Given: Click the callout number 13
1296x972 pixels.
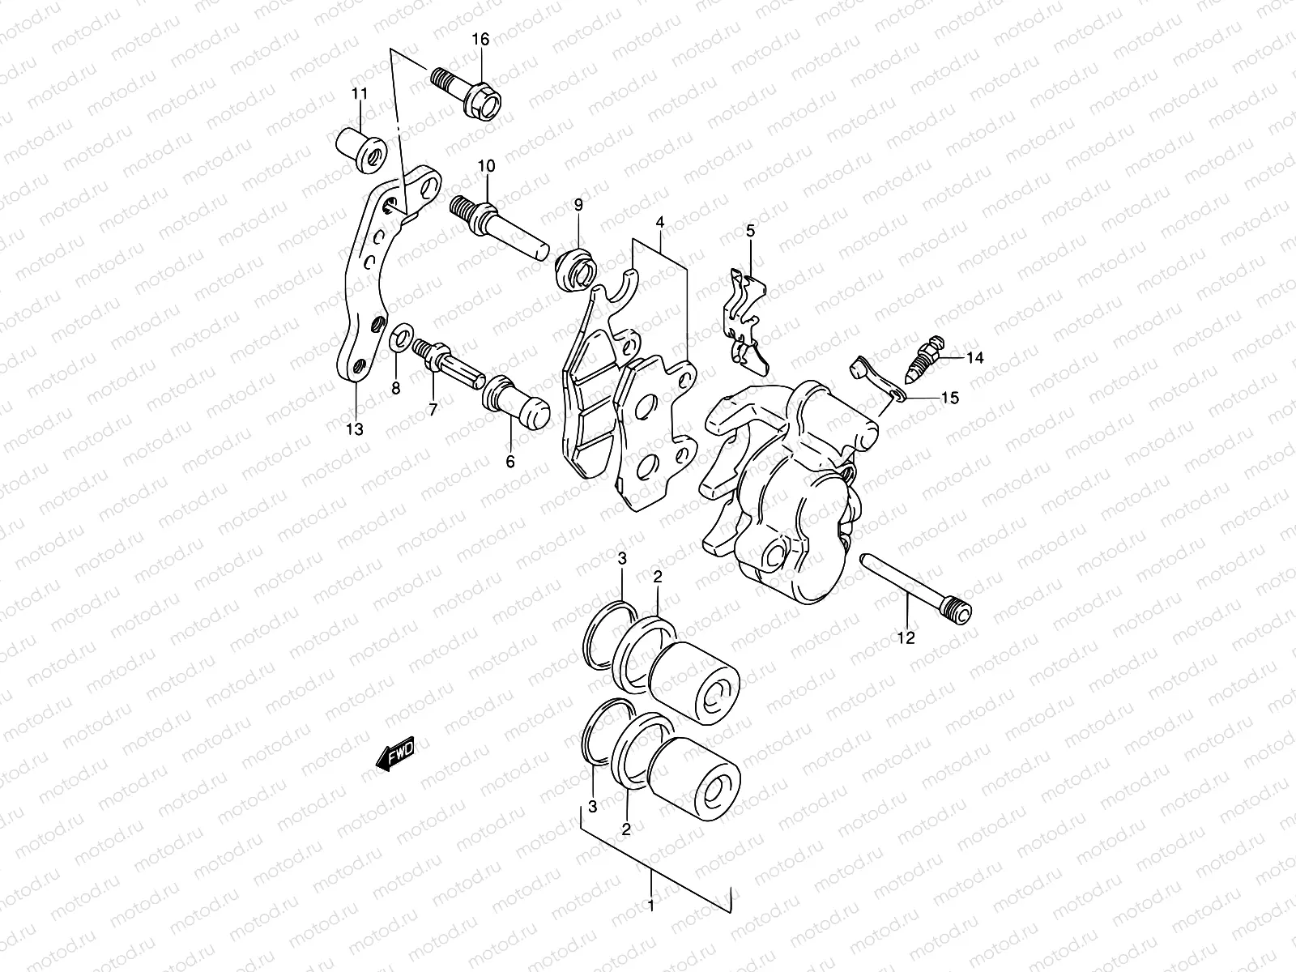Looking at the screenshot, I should tap(354, 428).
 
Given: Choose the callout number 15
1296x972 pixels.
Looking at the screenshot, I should tap(949, 398).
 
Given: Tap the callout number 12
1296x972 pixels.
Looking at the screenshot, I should tap(906, 638).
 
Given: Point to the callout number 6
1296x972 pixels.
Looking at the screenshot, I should tap(510, 463).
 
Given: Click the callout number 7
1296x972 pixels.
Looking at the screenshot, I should tap(433, 410).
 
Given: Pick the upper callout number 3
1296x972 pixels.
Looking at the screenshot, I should tap(622, 558).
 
